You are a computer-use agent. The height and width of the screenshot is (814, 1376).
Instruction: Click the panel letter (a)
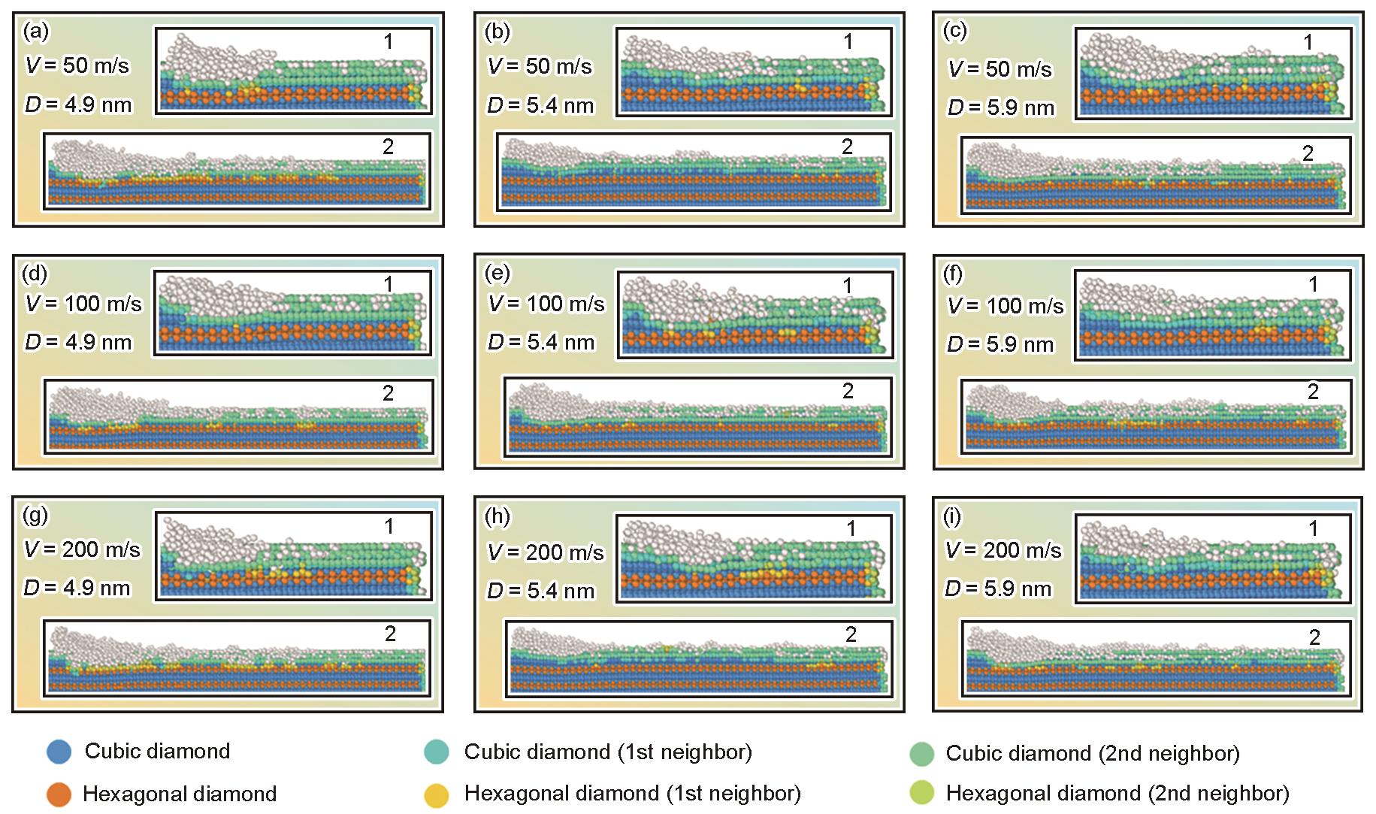tap(36, 32)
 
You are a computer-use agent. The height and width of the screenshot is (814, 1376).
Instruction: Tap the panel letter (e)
tap(497, 273)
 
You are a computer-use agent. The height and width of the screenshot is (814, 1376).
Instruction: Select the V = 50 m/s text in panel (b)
tap(540, 66)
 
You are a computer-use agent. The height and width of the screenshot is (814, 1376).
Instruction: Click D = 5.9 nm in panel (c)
tap(1000, 107)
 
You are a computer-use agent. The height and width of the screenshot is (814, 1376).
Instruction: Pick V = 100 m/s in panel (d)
tap(83, 304)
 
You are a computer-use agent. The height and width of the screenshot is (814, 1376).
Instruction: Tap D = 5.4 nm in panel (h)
tap(540, 591)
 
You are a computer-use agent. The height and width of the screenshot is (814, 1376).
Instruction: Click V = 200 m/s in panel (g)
tap(82, 549)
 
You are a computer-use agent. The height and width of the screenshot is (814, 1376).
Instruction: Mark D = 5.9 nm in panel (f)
tap(1000, 344)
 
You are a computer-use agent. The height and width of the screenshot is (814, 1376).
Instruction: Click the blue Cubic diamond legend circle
tap(59, 751)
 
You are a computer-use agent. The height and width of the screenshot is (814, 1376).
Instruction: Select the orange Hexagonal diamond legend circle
tap(59, 794)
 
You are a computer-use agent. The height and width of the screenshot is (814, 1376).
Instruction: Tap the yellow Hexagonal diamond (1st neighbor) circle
tap(437, 794)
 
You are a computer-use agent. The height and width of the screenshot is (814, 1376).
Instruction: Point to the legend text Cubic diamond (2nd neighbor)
tap(1092, 752)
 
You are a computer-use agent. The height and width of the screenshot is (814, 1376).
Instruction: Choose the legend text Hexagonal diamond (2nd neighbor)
tap(1117, 793)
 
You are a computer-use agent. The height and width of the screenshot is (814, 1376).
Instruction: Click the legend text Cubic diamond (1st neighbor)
tap(607, 752)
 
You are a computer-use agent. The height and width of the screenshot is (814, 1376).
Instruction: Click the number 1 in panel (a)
tap(388, 42)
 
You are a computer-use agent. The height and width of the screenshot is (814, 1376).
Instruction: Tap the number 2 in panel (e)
tap(848, 391)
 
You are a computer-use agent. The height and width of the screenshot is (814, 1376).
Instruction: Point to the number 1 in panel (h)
tap(851, 529)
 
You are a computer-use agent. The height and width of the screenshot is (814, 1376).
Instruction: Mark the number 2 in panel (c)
tap(1308, 153)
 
